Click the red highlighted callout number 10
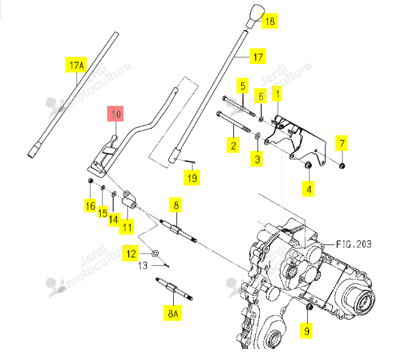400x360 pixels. pos(115,114)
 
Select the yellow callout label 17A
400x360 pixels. pos(76,65)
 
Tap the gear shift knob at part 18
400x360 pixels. pos(255,16)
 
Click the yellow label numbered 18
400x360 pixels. pos(270,21)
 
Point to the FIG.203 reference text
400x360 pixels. pos(354,244)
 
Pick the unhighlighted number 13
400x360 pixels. pos(143,266)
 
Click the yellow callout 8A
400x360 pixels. pos(173,313)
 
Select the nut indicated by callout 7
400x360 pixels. pos(342,166)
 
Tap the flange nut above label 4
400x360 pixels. pos(308,165)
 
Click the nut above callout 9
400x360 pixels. pos(308,307)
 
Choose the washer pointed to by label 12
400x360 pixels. pos(155,254)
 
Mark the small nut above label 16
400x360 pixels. pos(90,181)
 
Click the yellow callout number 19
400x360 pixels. pos(192,178)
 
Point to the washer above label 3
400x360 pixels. pos(258,135)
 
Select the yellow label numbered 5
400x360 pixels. pos(242,86)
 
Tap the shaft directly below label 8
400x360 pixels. pos(178,231)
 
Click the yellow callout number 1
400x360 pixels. pos(277,93)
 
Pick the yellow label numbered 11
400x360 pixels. pos(127,227)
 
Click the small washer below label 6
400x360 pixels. pos(261,119)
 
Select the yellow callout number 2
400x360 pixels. pos(233,145)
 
